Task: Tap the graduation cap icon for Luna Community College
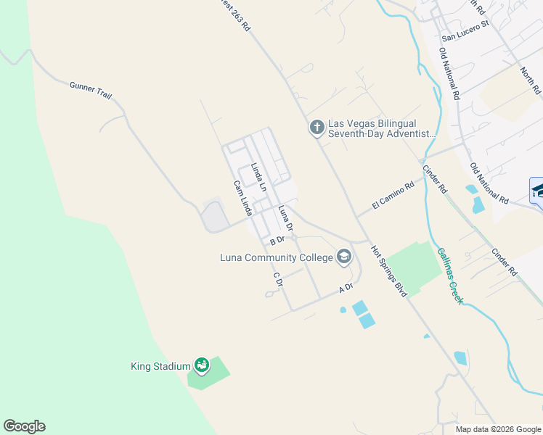tap(344, 257)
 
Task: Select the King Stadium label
tap(160, 366)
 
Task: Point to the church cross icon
tap(317, 128)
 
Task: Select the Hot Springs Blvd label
tap(388, 271)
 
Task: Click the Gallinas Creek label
tap(449, 275)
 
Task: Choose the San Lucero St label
tap(466, 37)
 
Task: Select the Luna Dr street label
tap(285, 218)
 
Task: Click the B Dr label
tap(277, 241)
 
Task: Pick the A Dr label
tap(346, 288)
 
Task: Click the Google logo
tap(24, 426)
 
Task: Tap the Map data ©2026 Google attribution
tap(498, 429)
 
